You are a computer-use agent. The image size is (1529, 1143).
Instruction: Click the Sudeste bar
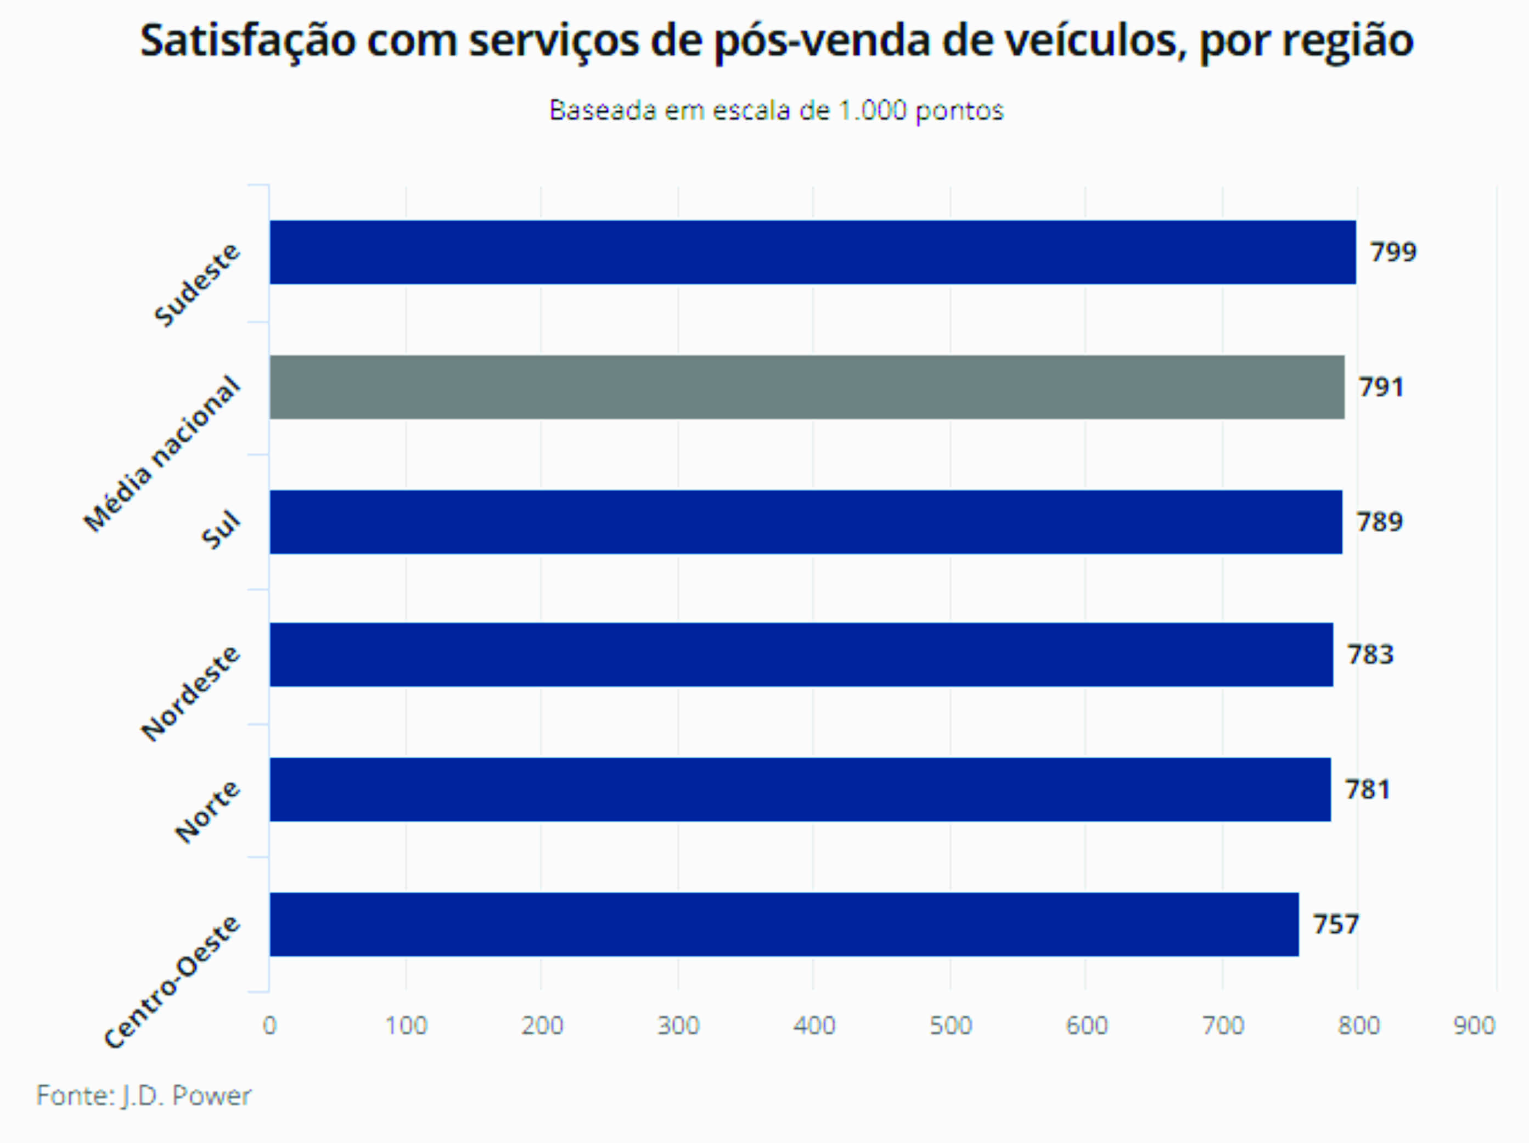coord(812,252)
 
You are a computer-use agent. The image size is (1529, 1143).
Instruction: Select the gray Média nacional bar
coord(807,387)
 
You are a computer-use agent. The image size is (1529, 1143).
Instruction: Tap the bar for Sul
coord(805,522)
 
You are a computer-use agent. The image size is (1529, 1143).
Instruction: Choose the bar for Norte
coord(800,789)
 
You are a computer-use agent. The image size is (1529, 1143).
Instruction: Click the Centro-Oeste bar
coord(784,924)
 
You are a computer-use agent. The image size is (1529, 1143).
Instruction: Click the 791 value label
coord(1381,387)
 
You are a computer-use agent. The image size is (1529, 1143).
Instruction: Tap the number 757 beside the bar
coord(1335,925)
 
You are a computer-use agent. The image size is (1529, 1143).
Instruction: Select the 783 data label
coord(1370,655)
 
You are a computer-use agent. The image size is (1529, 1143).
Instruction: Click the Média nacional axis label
coord(162,454)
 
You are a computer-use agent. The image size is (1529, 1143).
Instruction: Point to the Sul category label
coord(221,530)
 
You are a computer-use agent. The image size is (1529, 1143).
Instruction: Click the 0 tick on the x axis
coord(269,1026)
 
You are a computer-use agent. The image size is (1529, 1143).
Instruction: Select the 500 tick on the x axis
coord(951,1026)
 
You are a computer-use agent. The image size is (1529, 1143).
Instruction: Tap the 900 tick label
coord(1474,1026)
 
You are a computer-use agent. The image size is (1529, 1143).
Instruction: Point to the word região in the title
coord(1347,42)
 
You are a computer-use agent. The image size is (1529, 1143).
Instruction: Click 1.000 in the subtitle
coord(872,110)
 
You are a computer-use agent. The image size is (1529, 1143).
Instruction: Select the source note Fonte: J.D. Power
coord(144,1096)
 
